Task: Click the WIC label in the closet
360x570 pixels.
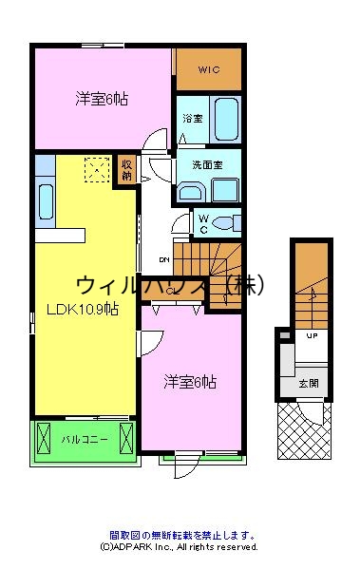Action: pos(209,69)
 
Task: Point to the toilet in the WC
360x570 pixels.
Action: pos(224,224)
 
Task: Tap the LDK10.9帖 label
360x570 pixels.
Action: pos(82,308)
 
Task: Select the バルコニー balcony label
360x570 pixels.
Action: pos(84,440)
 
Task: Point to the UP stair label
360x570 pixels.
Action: pos(311,336)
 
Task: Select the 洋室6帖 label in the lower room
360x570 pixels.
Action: pos(189,382)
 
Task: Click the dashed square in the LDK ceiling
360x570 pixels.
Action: pos(96,170)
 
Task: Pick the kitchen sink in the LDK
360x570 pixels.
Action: pos(45,199)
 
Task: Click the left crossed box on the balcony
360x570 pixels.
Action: pos(46,439)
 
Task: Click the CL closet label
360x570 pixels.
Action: pos(171,291)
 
